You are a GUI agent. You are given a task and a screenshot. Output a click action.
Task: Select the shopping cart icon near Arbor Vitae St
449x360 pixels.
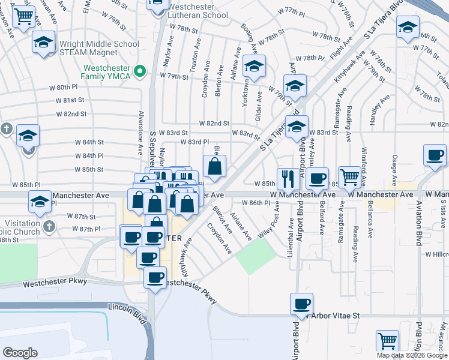(388, 340)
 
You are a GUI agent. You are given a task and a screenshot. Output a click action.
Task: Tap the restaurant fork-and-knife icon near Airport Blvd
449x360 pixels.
(288, 178)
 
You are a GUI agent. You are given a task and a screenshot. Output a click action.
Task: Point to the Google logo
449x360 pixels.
(20, 353)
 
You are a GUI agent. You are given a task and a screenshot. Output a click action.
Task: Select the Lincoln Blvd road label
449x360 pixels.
(127, 307)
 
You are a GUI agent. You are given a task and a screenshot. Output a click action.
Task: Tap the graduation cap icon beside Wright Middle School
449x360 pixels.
(44, 43)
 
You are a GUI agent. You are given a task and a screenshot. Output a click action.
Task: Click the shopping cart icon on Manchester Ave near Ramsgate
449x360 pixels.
(349, 176)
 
